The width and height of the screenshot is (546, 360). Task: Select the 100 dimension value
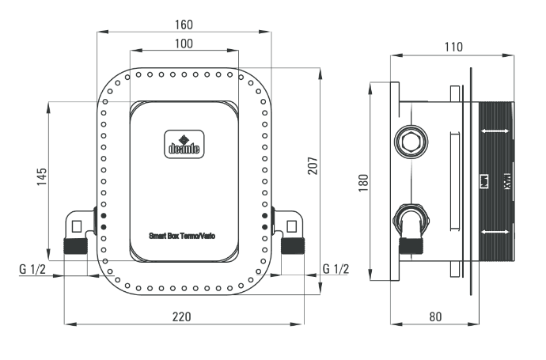183,44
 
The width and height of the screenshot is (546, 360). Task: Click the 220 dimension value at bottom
182,316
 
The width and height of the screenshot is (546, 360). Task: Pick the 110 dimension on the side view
453,47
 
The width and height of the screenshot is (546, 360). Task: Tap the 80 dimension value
435,316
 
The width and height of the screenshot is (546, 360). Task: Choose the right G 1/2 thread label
335,269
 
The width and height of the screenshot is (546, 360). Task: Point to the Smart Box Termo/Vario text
183,236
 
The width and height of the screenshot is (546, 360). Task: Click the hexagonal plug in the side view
411,142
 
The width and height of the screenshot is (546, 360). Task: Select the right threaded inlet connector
293,246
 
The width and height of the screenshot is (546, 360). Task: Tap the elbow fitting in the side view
410,223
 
